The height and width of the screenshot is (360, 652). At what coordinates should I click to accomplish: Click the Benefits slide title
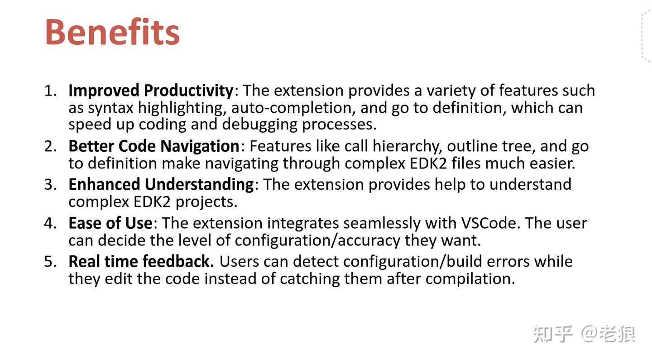tap(112, 32)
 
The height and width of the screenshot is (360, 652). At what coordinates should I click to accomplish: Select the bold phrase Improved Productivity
tap(151, 91)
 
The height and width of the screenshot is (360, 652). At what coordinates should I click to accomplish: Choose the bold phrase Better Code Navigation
tap(154, 146)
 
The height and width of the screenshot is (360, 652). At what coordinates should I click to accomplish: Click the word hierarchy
tap(399, 146)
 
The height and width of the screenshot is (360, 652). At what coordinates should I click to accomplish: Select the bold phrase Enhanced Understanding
tap(161, 185)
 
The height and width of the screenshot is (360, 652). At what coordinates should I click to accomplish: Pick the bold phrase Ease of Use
tap(110, 223)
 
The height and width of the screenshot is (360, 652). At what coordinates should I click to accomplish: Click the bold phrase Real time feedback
tap(141, 262)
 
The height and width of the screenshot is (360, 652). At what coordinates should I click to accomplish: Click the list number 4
tap(50, 223)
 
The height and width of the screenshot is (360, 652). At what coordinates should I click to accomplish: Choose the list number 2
tap(50, 146)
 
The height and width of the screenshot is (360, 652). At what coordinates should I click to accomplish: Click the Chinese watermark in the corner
tap(584, 334)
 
